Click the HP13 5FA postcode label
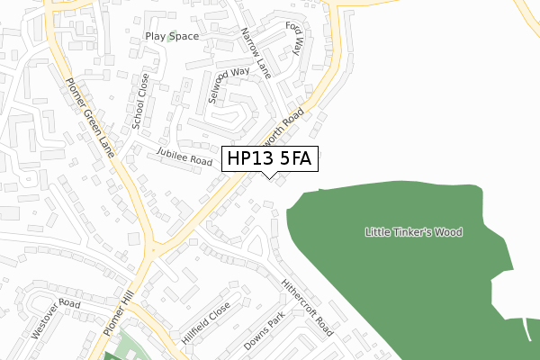click(x=269, y=159)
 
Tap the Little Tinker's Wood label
click(x=413, y=232)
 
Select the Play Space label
click(x=171, y=37)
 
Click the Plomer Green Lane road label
click(x=90, y=118)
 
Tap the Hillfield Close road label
click(x=207, y=319)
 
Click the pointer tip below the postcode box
click(x=270, y=175)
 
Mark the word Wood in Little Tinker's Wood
click(x=447, y=232)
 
